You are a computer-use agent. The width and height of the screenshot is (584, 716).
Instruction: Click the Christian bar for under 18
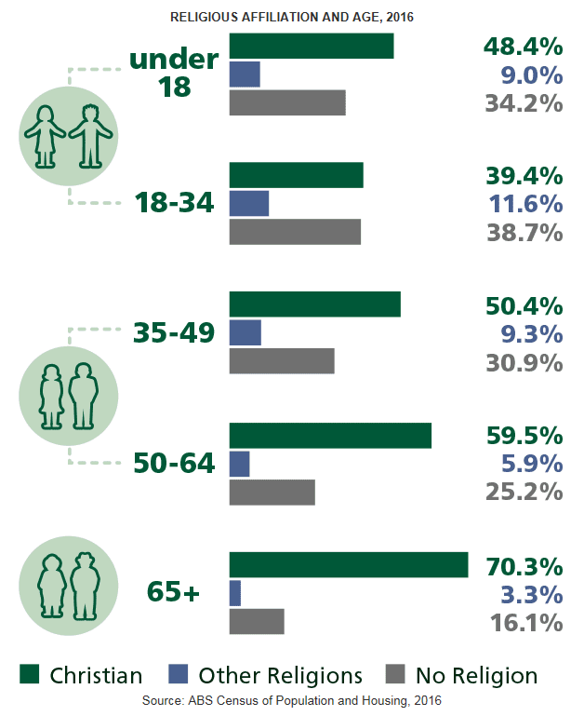coord(311,46)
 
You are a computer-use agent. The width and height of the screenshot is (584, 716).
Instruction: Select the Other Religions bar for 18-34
coord(248,203)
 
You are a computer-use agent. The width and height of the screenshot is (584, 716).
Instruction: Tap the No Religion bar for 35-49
coord(281,360)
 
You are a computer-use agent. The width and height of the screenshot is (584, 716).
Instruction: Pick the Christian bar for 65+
coord(348,565)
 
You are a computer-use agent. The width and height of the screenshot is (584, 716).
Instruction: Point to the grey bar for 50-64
coord(272,491)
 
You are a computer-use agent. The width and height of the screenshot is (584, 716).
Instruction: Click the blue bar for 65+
coord(234,593)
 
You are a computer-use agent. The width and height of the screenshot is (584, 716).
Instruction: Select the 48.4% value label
coord(524,47)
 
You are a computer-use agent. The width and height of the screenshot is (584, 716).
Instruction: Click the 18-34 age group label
coord(174,203)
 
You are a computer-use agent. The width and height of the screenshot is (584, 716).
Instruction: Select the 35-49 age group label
coord(174,332)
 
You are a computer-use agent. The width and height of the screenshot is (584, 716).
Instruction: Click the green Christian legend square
coord(31,675)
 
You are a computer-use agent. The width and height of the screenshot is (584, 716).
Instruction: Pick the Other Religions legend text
coord(280,675)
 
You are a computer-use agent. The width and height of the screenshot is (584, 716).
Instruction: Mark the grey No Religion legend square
coord(394,675)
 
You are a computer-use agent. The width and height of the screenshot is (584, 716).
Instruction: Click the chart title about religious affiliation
coord(292,17)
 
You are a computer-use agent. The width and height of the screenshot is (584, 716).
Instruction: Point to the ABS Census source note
coord(291,699)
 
